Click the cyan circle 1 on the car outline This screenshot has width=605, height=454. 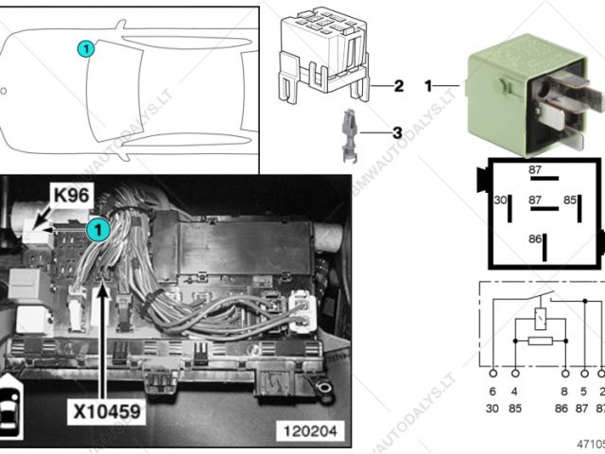click(84, 48)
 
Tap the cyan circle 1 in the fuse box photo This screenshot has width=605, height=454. click(95, 228)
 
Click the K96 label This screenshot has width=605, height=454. click(71, 196)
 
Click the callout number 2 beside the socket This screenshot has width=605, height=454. click(399, 86)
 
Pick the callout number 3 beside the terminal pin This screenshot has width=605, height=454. click(397, 133)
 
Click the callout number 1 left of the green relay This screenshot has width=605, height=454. click(428, 86)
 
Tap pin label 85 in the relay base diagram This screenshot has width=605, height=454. click(570, 201)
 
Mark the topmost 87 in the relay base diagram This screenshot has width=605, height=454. click(536, 170)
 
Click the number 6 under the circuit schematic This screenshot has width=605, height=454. click(492, 390)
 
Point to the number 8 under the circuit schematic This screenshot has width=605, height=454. click(563, 390)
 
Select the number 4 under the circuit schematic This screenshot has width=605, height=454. click(515, 390)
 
